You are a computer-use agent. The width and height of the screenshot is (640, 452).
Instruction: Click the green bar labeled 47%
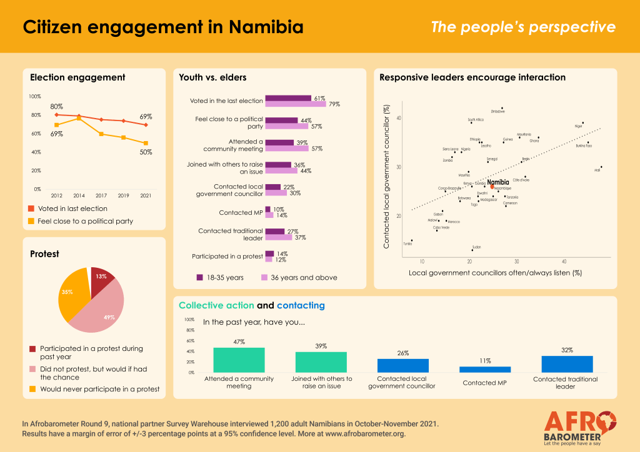pyautogui.click(x=239, y=360)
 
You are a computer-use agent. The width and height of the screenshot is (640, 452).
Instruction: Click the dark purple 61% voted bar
pyautogui.click(x=288, y=98)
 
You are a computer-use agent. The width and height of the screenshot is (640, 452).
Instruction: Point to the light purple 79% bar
pyautogui.click(x=295, y=104)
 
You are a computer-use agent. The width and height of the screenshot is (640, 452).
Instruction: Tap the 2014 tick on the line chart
pyautogui.click(x=79, y=195)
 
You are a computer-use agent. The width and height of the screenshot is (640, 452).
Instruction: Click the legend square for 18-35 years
pyautogui.click(x=200, y=277)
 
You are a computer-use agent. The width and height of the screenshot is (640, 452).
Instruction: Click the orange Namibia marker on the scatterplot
pyautogui.click(x=492, y=187)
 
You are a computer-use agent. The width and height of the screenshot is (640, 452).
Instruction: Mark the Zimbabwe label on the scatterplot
pyautogui.click(x=498, y=111)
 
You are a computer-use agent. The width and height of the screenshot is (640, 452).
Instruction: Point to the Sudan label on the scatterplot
pyautogui.click(x=476, y=247)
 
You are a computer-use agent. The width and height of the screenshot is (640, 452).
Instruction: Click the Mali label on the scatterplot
pyautogui.click(x=597, y=170)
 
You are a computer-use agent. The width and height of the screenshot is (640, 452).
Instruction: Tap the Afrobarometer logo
pyautogui.click(x=579, y=426)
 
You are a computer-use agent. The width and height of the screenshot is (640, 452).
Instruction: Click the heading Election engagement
pyautogui.click(x=77, y=77)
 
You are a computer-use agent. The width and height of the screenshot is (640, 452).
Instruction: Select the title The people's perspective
pyautogui.click(x=523, y=27)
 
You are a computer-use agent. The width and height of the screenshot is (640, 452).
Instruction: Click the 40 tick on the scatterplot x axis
pyautogui.click(x=564, y=261)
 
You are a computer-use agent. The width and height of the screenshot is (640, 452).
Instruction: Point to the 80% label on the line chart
pyautogui.click(x=57, y=107)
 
